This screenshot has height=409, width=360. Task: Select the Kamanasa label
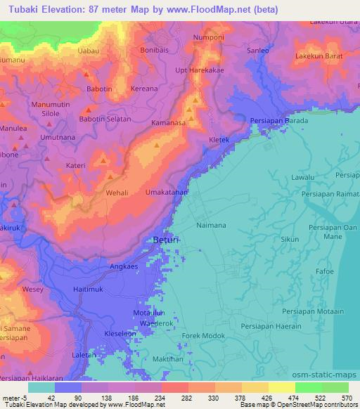pos(168,122)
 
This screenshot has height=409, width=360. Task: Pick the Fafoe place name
pos(325,271)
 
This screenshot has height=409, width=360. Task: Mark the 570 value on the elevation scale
pos(346,397)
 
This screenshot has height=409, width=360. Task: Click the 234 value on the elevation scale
pos(159,397)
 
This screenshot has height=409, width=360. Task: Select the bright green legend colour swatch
pos(308,387)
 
